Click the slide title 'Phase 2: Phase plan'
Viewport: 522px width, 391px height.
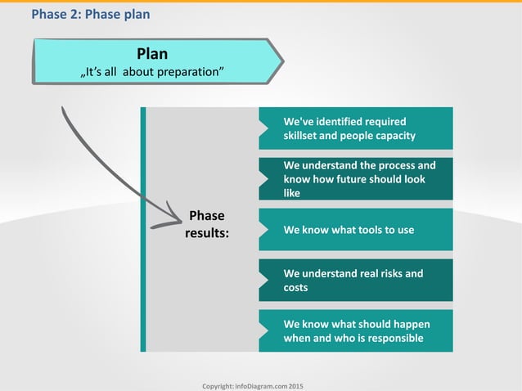[90, 15]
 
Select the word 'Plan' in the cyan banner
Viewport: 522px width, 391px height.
[152, 54]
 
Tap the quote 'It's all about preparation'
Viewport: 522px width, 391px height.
[152, 74]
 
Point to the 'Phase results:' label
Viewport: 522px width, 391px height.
[206, 224]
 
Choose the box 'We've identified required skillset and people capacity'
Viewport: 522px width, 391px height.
[356, 128]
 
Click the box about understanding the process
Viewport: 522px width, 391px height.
[356, 178]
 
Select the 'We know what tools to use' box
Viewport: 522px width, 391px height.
[356, 230]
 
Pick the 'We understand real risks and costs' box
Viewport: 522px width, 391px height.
[356, 281]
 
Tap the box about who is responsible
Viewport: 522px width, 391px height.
[356, 331]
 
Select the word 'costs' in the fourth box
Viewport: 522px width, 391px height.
[295, 288]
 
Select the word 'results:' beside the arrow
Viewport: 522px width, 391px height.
[206, 233]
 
